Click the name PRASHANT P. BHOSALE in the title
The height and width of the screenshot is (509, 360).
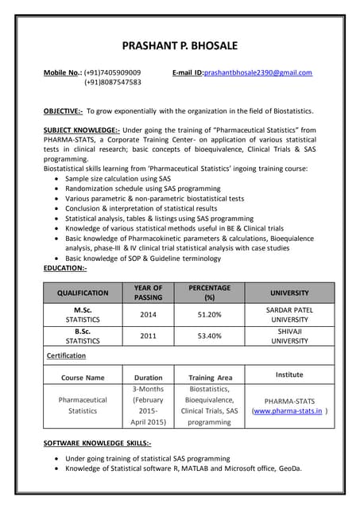179,45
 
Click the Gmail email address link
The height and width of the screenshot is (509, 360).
257,72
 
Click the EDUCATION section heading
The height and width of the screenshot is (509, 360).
65,269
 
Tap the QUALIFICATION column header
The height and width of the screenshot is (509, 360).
83,293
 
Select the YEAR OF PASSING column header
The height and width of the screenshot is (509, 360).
148,293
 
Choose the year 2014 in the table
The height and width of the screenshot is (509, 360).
148,314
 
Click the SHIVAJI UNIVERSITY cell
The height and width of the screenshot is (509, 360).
289,336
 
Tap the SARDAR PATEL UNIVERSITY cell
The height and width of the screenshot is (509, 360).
289,314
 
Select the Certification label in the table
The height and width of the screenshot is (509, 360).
66,356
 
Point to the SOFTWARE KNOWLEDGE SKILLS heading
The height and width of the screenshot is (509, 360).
97,442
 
